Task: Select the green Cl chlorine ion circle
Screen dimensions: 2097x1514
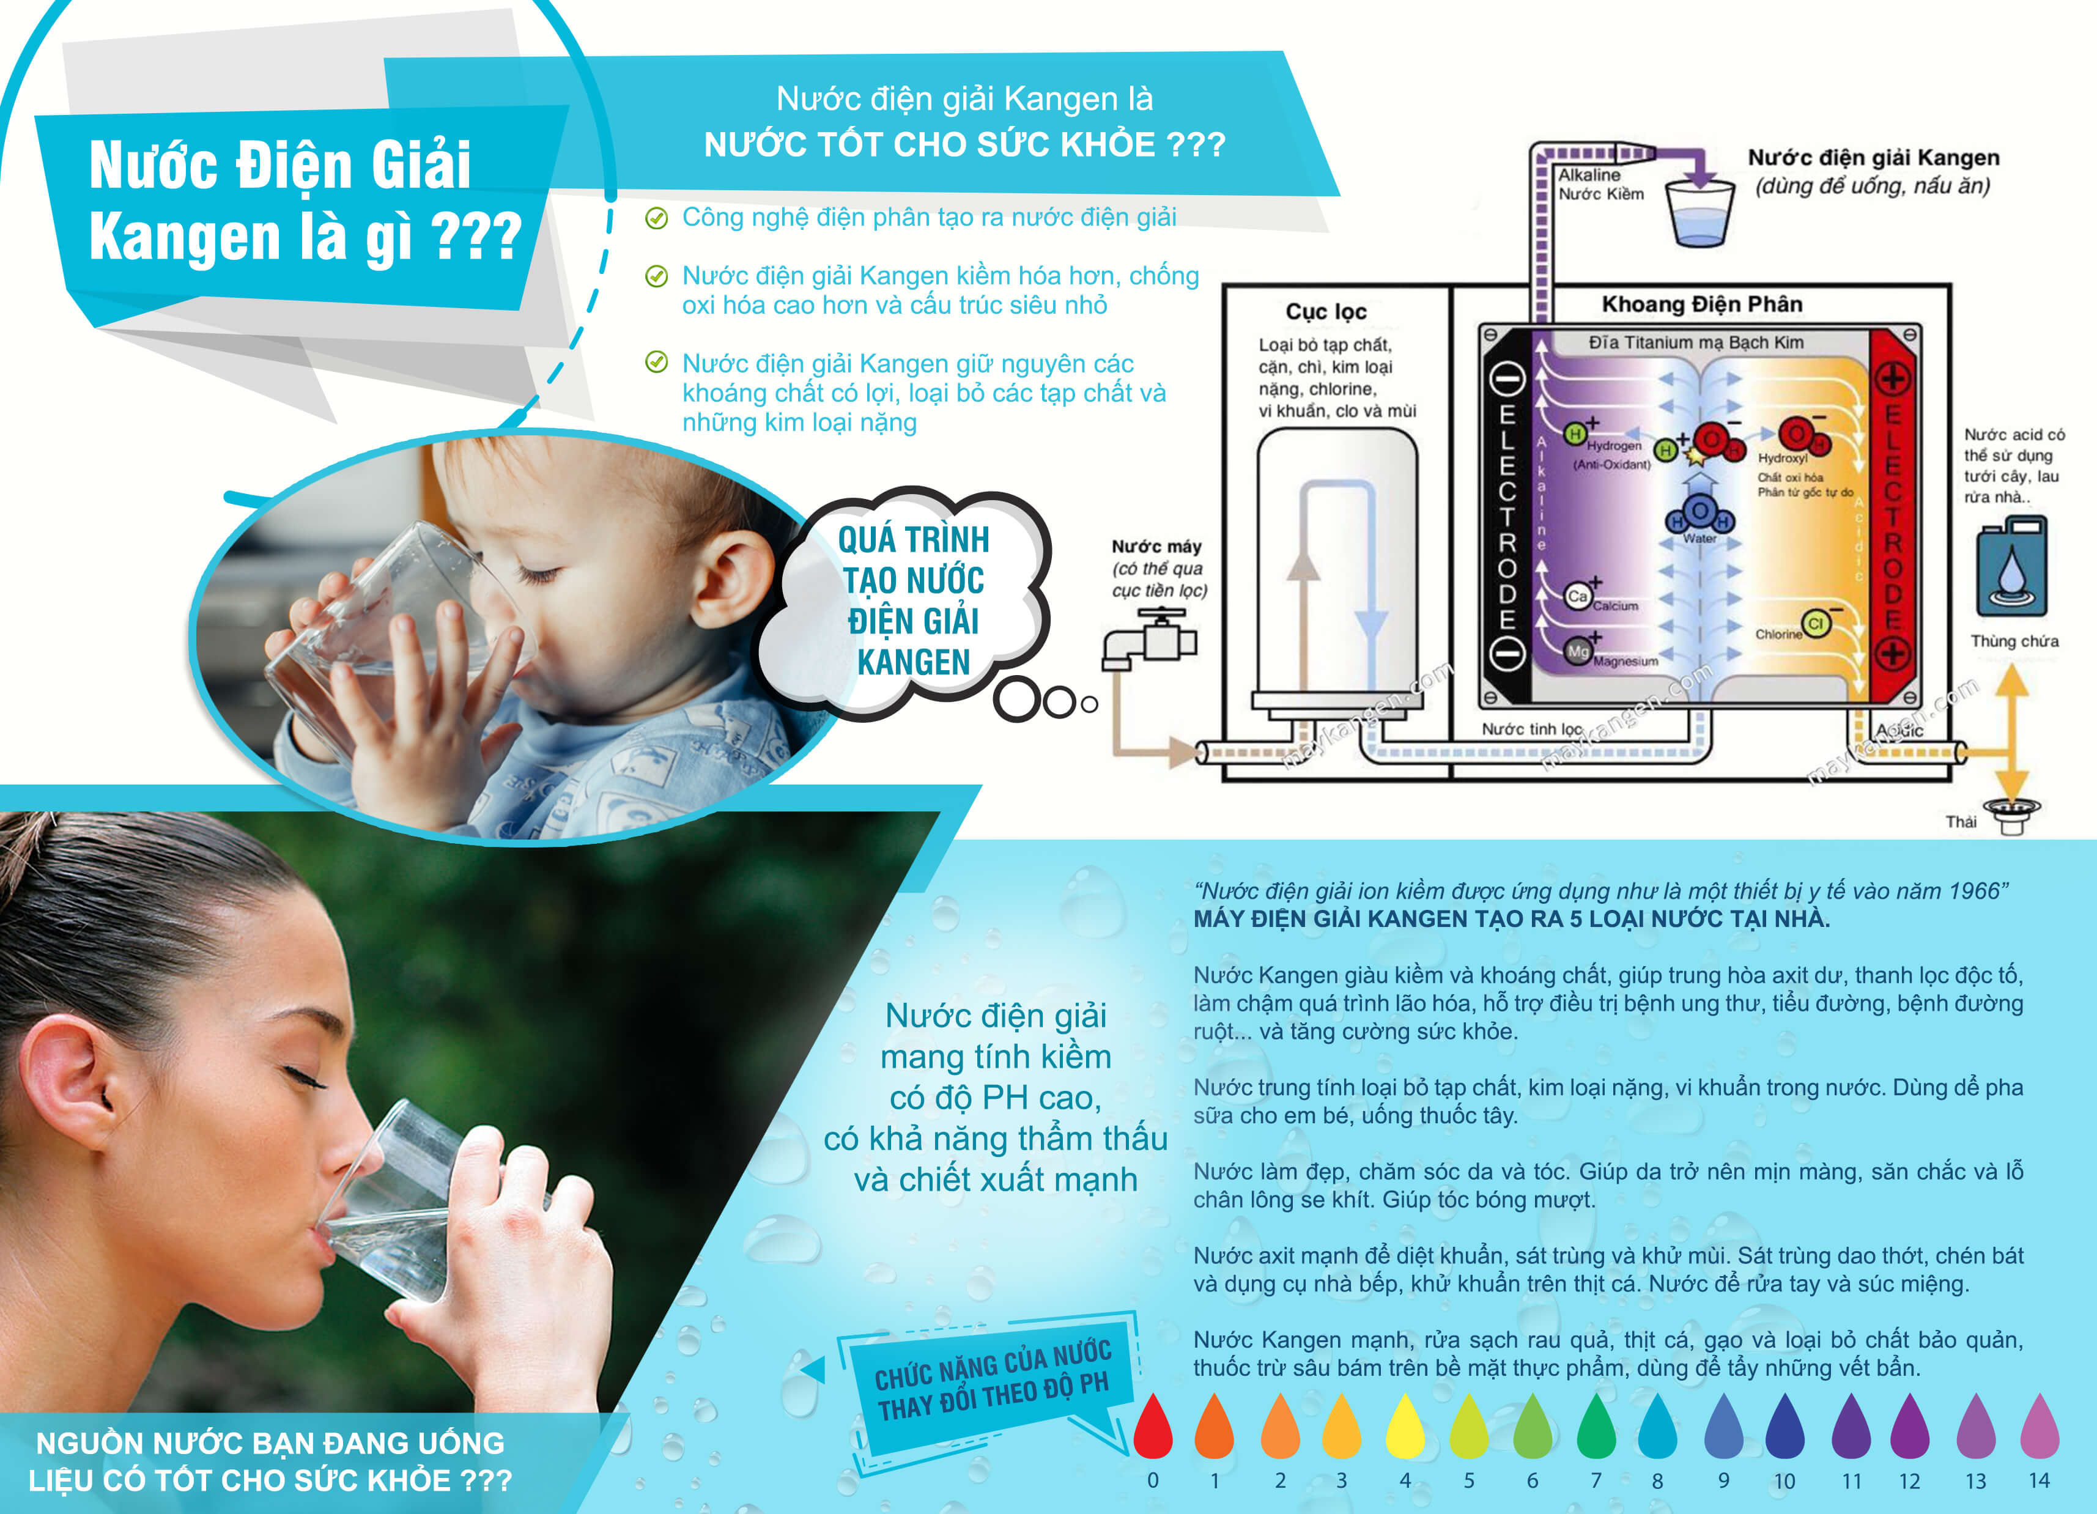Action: point(1816,624)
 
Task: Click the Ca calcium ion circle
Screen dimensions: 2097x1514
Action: point(1577,596)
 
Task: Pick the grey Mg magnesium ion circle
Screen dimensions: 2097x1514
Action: point(1577,651)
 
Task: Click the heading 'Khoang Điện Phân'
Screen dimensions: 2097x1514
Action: point(1701,304)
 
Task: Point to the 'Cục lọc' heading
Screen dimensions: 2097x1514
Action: point(1326,311)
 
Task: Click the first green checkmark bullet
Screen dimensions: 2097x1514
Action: point(656,218)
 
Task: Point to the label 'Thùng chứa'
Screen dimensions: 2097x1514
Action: point(2014,641)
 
